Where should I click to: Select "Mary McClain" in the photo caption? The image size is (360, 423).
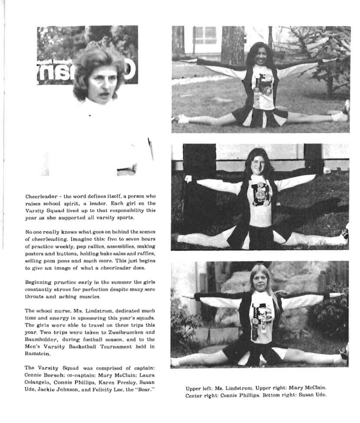point(309,388)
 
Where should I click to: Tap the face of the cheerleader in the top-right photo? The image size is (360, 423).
point(262,56)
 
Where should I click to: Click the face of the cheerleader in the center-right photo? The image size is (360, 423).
point(259,165)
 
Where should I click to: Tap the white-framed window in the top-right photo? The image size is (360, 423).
point(205,35)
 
